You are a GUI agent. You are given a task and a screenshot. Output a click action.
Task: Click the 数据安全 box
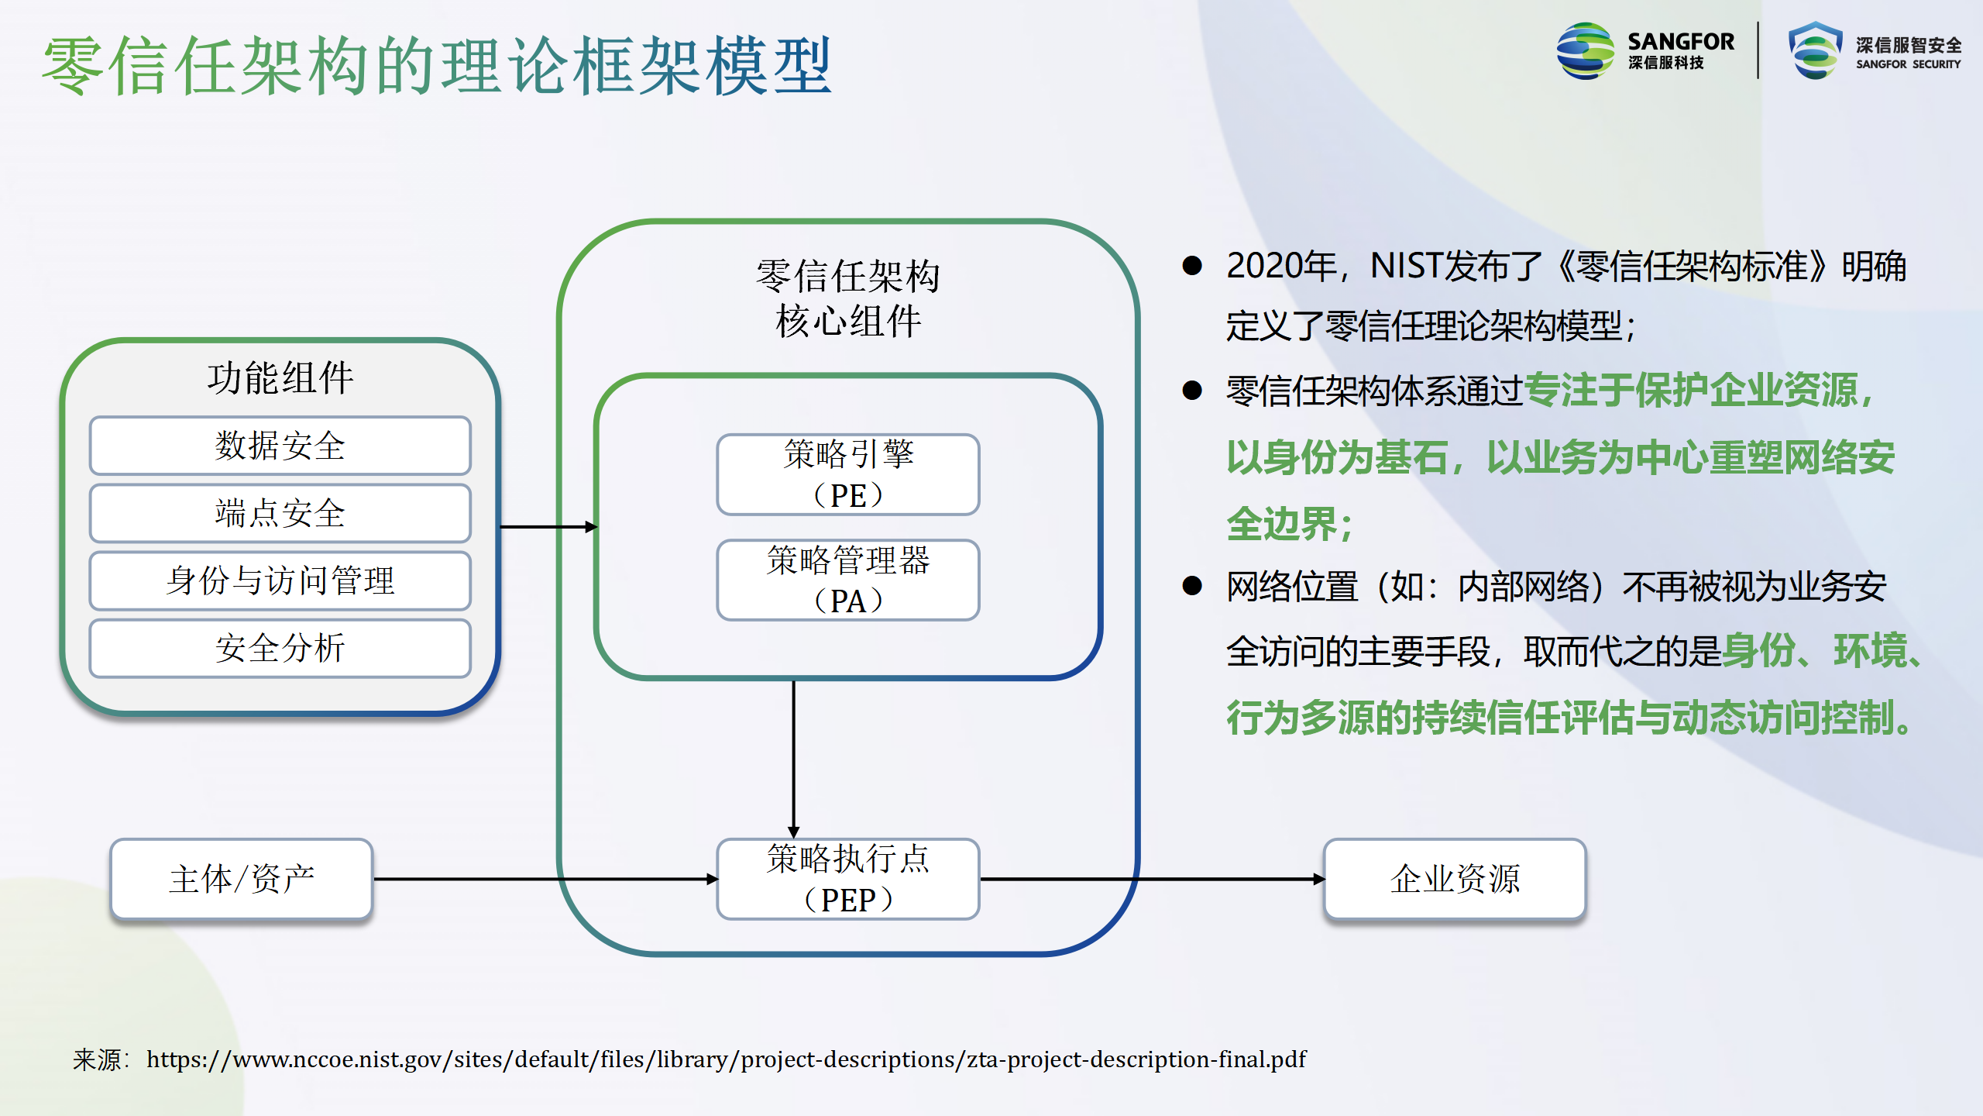pyautogui.click(x=280, y=446)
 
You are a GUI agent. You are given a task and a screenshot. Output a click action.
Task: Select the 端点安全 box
pyautogui.click(x=280, y=513)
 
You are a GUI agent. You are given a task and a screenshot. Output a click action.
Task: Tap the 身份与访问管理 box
pyautogui.click(x=280, y=580)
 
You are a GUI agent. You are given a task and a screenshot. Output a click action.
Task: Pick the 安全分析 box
pyautogui.click(x=280, y=648)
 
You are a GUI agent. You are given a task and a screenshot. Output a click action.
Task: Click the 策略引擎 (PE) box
pyautogui.click(x=848, y=474)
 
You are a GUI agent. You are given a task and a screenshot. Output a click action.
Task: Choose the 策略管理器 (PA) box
pyautogui.click(x=848, y=580)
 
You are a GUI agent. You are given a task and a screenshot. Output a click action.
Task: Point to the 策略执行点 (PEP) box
pyautogui.click(x=848, y=879)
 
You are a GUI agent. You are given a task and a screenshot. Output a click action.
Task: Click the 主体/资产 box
pyautogui.click(x=242, y=879)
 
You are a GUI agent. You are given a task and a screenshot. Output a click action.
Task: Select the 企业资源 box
pyautogui.click(x=1455, y=879)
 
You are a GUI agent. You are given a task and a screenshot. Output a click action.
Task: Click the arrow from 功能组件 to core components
pyautogui.click(x=549, y=527)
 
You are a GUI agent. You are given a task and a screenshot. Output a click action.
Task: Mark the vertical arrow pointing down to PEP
pyautogui.click(x=793, y=759)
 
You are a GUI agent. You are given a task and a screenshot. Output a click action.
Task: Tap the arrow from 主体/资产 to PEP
pyautogui.click(x=546, y=879)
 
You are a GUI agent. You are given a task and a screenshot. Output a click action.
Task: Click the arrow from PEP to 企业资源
pyautogui.click(x=1153, y=879)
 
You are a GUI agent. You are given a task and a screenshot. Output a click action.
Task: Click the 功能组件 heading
pyautogui.click(x=280, y=378)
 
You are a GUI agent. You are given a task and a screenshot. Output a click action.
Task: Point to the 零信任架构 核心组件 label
pyautogui.click(x=848, y=298)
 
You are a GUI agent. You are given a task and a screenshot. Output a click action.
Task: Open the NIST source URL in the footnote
pyautogui.click(x=726, y=1059)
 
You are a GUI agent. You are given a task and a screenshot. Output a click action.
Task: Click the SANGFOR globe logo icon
pyautogui.click(x=1585, y=50)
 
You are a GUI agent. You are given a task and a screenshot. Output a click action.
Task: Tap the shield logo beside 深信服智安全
pyautogui.click(x=1815, y=50)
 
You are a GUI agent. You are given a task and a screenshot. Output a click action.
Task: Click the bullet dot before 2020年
pyautogui.click(x=1192, y=266)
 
